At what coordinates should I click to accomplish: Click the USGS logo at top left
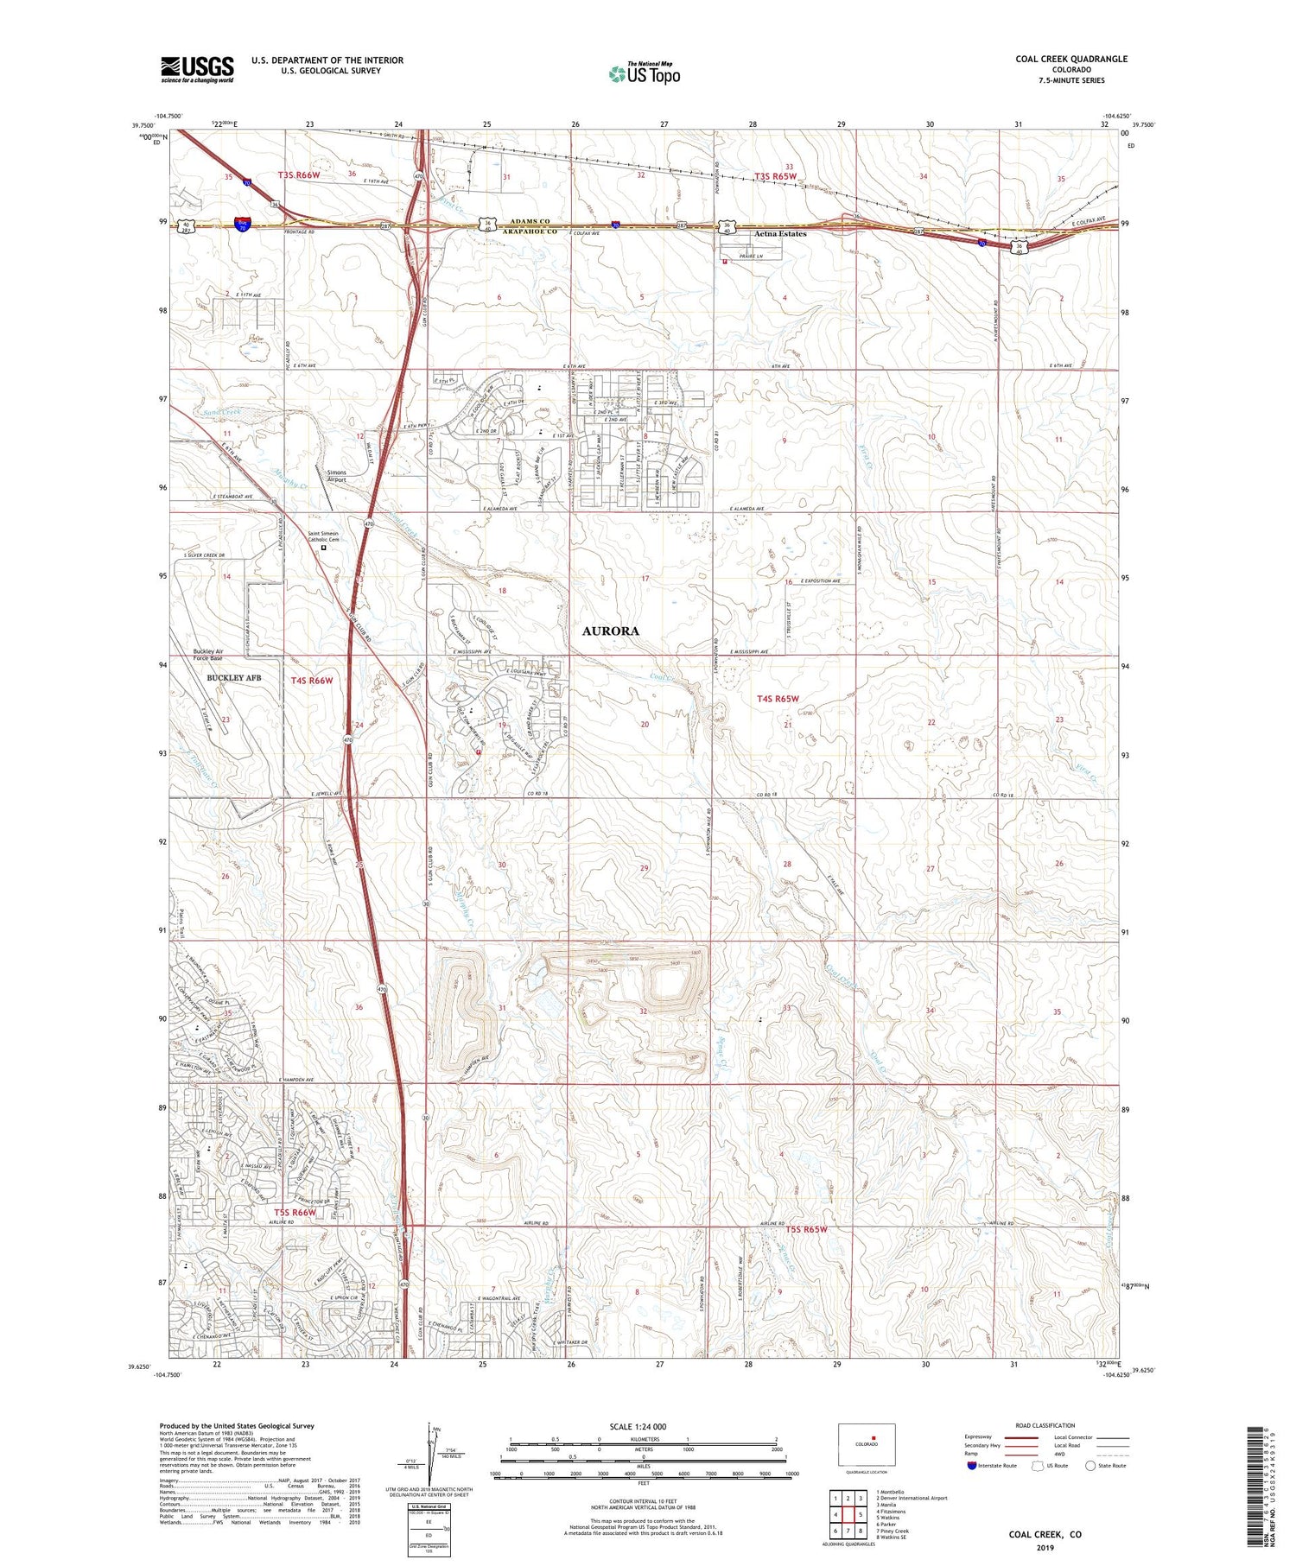click(x=197, y=69)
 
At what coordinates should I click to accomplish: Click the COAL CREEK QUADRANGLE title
click(x=1071, y=59)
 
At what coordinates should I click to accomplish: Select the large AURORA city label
click(x=610, y=631)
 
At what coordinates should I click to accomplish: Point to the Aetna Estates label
click(x=779, y=234)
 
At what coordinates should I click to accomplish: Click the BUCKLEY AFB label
click(x=233, y=678)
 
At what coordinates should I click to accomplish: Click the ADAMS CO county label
click(x=527, y=222)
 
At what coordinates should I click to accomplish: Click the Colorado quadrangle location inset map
click(x=866, y=1444)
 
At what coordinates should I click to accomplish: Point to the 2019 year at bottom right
click(x=1045, y=1547)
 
